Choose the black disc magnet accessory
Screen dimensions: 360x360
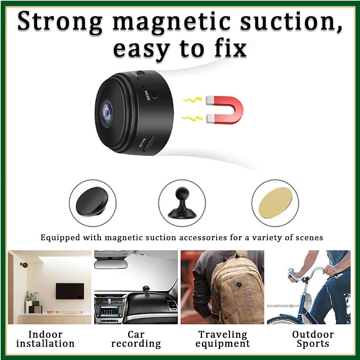tap(92, 201)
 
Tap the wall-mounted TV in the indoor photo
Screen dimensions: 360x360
tap(70, 291)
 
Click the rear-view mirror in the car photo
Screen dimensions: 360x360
tap(111, 264)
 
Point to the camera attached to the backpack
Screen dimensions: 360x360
tap(238, 285)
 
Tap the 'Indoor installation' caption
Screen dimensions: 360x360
tap(46, 339)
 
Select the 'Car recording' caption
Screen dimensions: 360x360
tap(136, 339)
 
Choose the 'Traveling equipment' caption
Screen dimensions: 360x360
tap(223, 339)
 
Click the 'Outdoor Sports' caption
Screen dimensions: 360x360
tap(313, 339)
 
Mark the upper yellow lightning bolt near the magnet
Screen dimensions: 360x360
tap(192, 100)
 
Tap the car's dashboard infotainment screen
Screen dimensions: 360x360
tap(109, 312)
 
